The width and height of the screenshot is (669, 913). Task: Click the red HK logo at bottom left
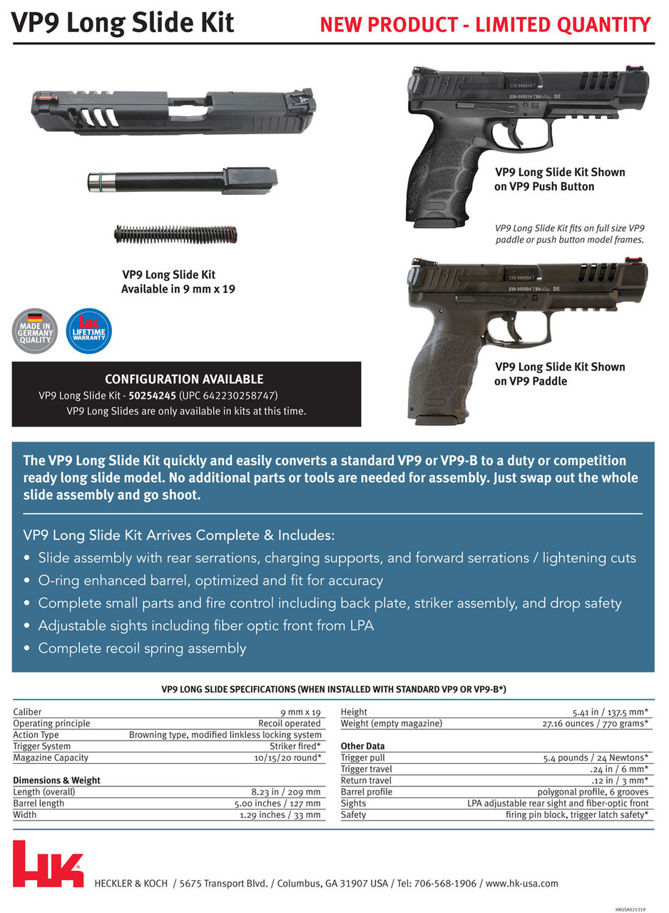click(x=48, y=864)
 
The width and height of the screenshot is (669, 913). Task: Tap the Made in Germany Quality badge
click(x=35, y=330)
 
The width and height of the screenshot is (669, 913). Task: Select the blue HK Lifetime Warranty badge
click(x=88, y=330)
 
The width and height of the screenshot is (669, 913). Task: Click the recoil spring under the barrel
click(x=175, y=234)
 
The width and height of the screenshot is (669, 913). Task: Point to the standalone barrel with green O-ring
click(x=182, y=180)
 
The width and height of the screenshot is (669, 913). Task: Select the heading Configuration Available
click(x=184, y=379)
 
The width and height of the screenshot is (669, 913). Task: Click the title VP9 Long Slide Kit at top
click(x=123, y=23)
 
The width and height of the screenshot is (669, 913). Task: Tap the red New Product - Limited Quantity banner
click(x=485, y=24)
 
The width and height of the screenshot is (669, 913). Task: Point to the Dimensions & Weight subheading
click(x=56, y=780)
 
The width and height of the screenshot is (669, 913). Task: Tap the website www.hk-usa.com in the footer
click(x=522, y=883)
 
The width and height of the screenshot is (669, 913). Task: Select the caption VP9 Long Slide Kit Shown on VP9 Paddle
click(x=560, y=374)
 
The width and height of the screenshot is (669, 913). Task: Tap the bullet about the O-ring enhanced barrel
click(x=210, y=581)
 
